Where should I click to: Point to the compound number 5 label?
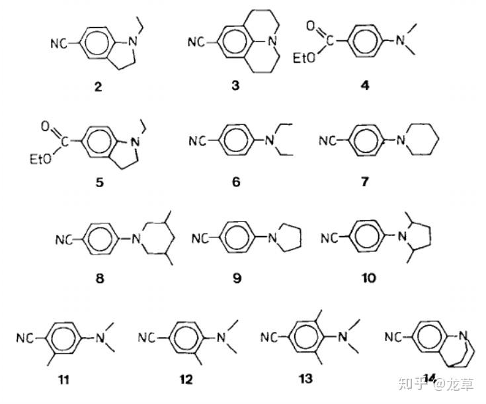point(99,182)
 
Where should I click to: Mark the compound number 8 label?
point(99,279)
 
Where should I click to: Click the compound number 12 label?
point(187,380)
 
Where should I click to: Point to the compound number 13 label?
point(305,379)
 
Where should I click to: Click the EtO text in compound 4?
point(306,60)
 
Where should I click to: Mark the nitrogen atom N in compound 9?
point(272,239)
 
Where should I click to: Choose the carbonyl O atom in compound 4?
point(311,26)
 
